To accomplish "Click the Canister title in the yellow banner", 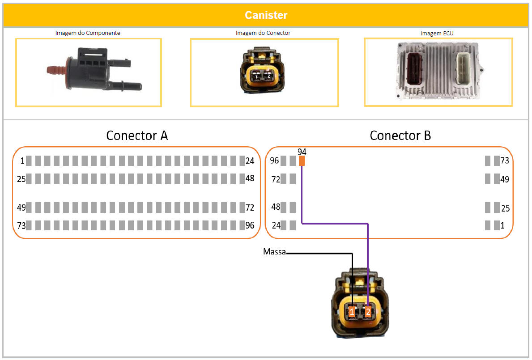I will click(266, 15).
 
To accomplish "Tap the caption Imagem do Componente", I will click(88, 33).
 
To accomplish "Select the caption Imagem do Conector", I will click(263, 33).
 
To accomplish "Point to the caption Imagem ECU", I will click(437, 33).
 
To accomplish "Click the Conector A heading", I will click(137, 136).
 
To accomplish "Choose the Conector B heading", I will click(400, 136).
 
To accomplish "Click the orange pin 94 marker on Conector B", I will click(302, 161).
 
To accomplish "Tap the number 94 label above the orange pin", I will click(302, 152).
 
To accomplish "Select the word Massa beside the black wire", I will click(274, 253).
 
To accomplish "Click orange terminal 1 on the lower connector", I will click(352, 312).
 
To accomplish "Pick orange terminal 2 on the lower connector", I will click(368, 312).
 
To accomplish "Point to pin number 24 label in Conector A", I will click(250, 161).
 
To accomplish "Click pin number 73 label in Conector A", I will click(21, 226).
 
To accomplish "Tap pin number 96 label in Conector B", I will click(274, 161).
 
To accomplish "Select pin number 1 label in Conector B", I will click(502, 226).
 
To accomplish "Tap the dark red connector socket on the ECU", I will click(414, 70).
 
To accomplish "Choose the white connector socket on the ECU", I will click(464, 69).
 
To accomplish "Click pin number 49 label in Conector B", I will click(505, 179).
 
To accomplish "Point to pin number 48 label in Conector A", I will click(250, 178).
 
